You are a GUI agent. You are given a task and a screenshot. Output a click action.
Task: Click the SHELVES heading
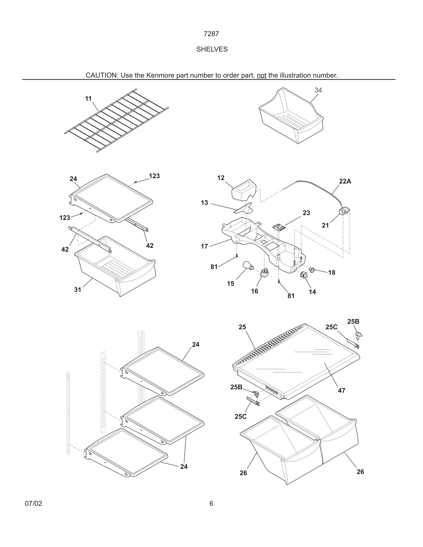(x=212, y=49)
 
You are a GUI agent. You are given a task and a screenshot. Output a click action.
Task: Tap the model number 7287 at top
(x=211, y=34)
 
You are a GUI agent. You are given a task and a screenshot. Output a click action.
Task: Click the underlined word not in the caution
(x=261, y=75)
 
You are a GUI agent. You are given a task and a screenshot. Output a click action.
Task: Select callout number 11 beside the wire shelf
(x=88, y=99)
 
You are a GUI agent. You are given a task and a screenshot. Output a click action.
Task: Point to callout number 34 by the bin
(x=318, y=90)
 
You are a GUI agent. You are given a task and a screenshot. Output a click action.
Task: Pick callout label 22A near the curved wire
(x=345, y=181)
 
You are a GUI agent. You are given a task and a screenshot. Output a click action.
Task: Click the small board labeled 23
(x=279, y=227)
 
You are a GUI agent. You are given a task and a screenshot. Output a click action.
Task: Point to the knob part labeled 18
(x=311, y=270)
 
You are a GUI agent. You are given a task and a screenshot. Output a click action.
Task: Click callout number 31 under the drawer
(x=78, y=290)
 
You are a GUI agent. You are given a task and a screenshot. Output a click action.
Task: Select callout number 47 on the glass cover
(x=342, y=390)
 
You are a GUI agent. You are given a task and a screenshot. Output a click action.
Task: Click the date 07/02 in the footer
(x=34, y=503)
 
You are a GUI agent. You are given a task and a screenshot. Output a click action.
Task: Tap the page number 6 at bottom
(x=211, y=503)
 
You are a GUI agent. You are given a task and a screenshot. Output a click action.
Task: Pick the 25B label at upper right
(x=353, y=322)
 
